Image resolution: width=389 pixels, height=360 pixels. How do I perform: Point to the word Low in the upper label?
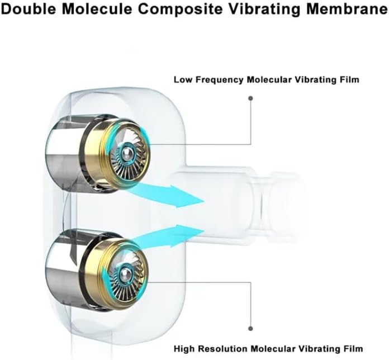pyautogui.click(x=183, y=79)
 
